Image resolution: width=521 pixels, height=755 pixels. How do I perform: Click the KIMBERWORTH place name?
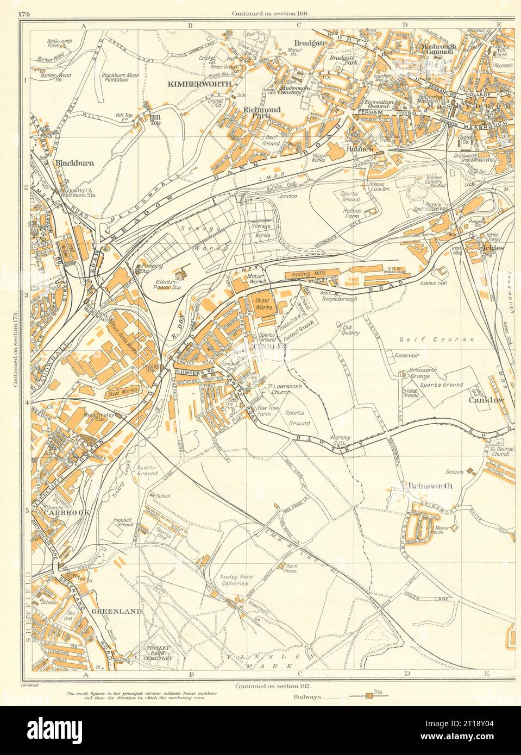(200, 84)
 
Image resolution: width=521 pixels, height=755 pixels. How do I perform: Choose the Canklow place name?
(491, 400)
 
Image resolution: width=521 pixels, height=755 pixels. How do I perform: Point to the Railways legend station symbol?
(371, 695)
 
